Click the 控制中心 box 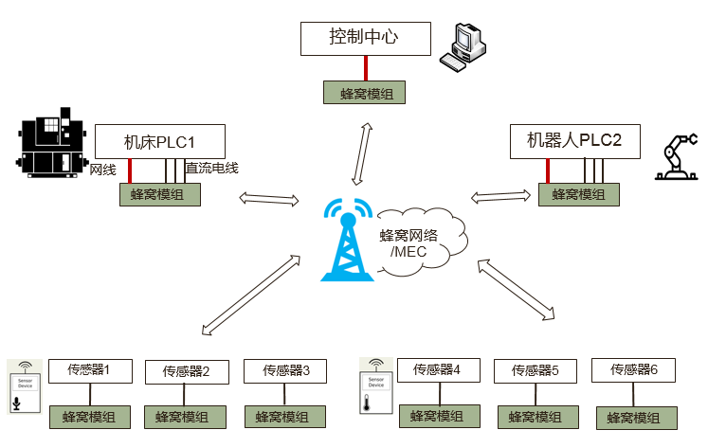(x=365, y=39)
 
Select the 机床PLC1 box (x=160, y=142)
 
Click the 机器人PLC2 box (x=574, y=141)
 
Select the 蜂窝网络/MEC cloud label (x=408, y=243)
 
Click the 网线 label (x=102, y=170)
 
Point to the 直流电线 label (x=211, y=169)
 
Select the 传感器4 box (x=438, y=369)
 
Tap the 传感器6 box (x=633, y=370)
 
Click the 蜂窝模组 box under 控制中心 (x=366, y=92)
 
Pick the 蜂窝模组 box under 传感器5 (x=536, y=416)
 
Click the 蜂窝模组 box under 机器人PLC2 (x=579, y=194)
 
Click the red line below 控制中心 (x=366, y=68)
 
